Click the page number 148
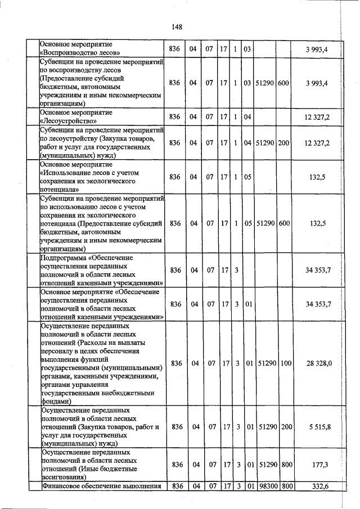click(177, 26)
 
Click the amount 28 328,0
click(318, 363)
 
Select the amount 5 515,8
click(318, 427)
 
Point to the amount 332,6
click(318, 487)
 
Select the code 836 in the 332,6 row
click(176, 487)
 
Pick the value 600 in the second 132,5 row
click(283, 223)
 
